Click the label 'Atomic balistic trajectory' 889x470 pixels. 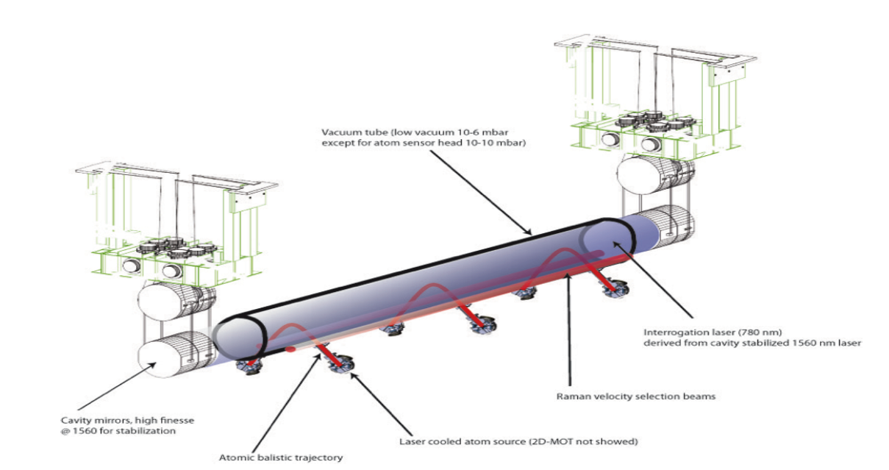coord(281,457)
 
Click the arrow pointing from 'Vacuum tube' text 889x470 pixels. coord(479,191)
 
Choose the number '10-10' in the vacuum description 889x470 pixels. coord(485,143)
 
